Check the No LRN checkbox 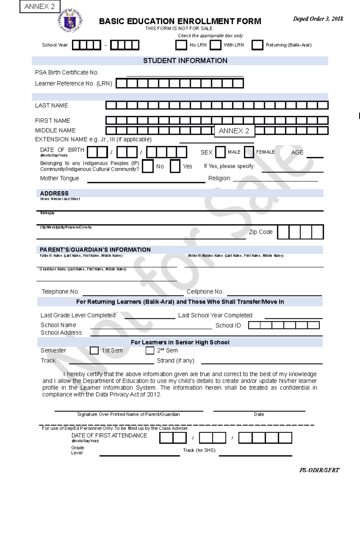181,45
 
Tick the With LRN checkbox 215,45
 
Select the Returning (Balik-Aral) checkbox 257,45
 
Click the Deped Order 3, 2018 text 318,19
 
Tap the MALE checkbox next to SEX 220,152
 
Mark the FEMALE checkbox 249,152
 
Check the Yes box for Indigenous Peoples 175,166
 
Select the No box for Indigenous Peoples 148,166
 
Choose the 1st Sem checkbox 94,350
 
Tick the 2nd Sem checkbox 150,350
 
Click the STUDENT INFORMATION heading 185,61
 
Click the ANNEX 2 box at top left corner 40,6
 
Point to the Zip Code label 261,232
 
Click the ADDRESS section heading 54,193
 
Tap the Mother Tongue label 60,178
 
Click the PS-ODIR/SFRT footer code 319,470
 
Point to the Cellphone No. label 205,292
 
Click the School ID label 228,326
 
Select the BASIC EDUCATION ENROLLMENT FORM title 180,21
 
